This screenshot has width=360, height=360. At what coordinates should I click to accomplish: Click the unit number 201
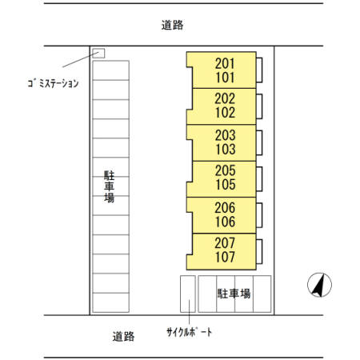225,63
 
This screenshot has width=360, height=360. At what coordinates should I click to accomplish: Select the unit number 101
225,78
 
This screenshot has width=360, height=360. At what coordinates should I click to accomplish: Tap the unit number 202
225,98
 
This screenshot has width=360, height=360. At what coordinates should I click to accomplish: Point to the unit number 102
225,113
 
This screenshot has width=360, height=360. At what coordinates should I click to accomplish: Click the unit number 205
225,170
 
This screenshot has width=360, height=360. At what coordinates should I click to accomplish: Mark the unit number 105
225,185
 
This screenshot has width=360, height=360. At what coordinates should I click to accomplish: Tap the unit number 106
225,221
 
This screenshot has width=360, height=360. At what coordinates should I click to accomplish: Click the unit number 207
225,242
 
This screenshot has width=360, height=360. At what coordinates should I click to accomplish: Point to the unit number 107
225,257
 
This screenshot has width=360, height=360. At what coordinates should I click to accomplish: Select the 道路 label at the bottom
124,337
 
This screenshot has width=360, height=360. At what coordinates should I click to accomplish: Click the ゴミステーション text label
50,82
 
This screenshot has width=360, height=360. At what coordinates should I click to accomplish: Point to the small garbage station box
99,54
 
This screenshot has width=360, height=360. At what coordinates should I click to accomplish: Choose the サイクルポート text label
190,332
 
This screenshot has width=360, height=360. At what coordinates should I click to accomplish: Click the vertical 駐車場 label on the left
109,186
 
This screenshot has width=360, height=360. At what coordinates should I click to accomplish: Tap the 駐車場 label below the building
234,294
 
